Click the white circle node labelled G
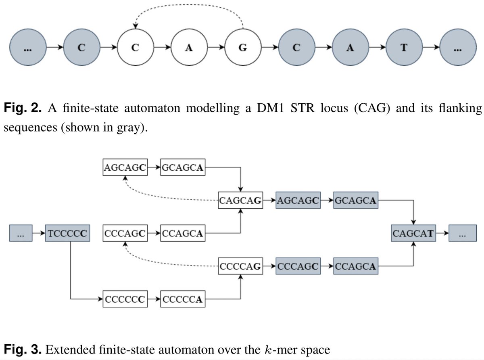tap(242, 48)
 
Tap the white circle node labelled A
tap(188, 48)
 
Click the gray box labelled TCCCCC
tap(67, 233)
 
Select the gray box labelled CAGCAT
tap(414, 233)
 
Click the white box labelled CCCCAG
tap(240, 266)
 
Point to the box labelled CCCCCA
tap(182, 299)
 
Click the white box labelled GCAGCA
tap(182, 167)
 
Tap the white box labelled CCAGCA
tap(182, 233)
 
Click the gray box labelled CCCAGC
tap(298, 266)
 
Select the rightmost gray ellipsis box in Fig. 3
tap(461, 233)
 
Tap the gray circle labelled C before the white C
tap(81, 48)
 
